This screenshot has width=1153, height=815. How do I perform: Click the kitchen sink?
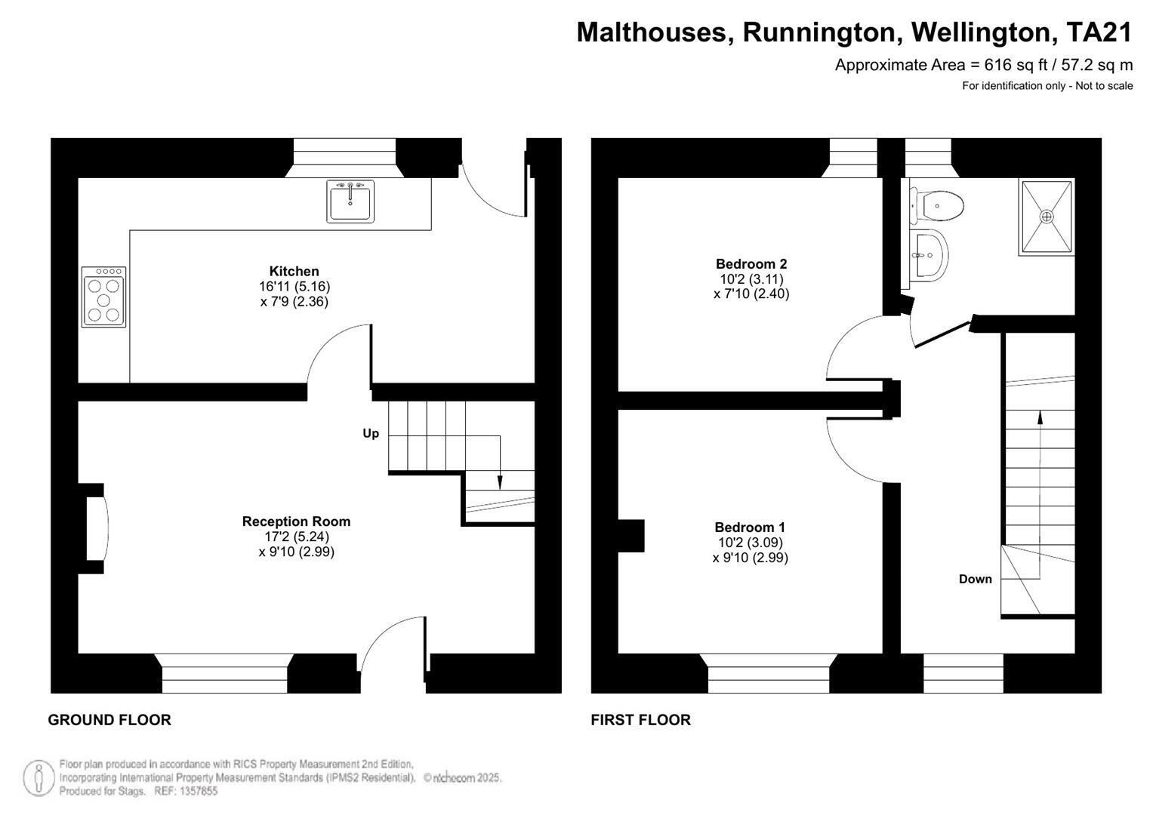coord(350,201)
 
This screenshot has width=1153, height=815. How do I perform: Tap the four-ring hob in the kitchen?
coord(103,297)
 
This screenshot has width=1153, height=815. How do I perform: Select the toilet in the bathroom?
coord(936,206)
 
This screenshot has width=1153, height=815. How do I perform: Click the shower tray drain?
coord(1046,217)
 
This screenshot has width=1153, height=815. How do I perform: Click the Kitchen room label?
coord(294,271)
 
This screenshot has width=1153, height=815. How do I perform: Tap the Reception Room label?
coord(297,521)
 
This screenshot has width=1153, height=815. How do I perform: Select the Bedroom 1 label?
coord(750,527)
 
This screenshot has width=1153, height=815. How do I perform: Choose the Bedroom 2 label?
coord(751,264)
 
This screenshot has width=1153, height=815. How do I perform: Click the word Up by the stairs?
coord(371,434)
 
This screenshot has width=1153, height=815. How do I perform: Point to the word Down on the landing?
coord(975,580)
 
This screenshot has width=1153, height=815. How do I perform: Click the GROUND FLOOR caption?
coord(109,720)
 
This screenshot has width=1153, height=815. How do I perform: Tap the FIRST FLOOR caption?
coord(641,720)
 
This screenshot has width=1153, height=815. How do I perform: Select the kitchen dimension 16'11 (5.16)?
coord(294,287)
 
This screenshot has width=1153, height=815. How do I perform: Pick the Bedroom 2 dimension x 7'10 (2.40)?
coord(751,294)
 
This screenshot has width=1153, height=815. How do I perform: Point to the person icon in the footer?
coord(39,777)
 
